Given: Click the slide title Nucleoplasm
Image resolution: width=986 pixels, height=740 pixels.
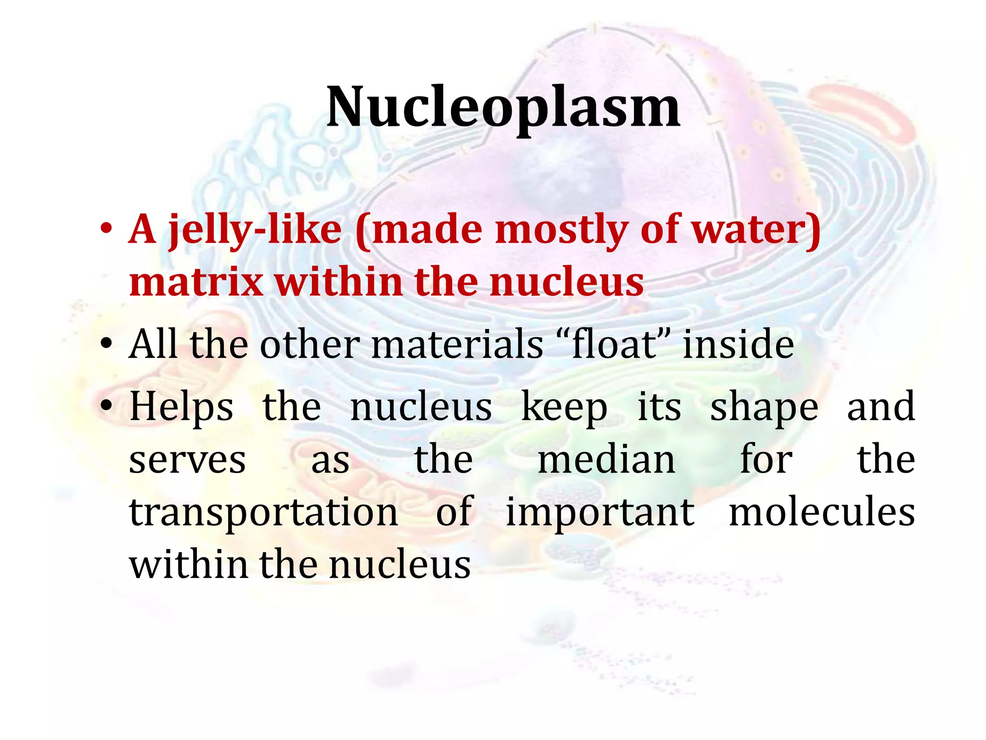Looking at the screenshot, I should tap(503, 107).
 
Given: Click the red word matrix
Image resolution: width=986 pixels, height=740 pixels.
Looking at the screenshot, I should tap(196, 282).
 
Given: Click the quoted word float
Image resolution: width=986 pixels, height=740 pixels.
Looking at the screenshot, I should tap(614, 344).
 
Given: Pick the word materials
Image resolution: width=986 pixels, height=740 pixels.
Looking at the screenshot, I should tap(457, 344).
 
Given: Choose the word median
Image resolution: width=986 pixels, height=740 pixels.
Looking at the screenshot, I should tap(606, 460).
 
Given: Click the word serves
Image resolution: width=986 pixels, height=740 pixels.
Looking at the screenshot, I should tap(187, 461).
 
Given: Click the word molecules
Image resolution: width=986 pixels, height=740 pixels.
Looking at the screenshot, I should tap(822, 512).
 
